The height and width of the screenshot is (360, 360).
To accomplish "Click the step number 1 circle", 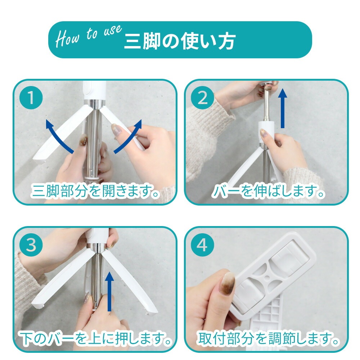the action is (x=31, y=98).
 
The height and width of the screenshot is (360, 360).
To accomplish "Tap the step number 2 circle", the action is (x=202, y=98).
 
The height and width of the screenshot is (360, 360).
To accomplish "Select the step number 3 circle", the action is (x=31, y=245).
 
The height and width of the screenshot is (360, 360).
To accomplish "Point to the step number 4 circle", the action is (x=202, y=245).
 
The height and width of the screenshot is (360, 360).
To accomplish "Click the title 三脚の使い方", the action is (x=180, y=41).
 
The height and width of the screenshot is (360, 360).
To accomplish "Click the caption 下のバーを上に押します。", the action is (x=96, y=338).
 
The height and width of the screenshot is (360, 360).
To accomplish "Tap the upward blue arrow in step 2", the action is (x=282, y=109).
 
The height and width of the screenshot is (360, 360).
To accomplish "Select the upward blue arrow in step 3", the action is (x=109, y=292).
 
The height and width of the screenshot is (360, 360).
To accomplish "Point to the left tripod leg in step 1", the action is (x=61, y=135).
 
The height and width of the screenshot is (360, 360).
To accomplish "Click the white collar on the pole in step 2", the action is (x=266, y=131).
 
